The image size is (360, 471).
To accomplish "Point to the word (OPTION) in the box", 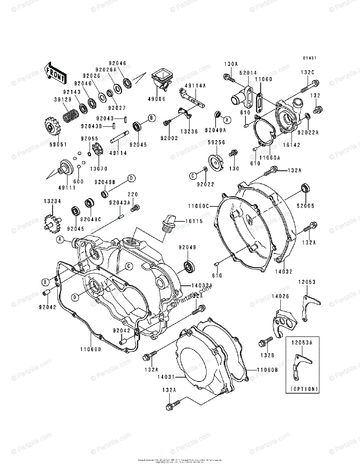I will tap(302, 389).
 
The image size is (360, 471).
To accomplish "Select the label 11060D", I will tap(91, 350).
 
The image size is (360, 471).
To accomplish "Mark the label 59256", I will tap(216, 142).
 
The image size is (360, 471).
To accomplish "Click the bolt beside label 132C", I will tap(310, 84).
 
